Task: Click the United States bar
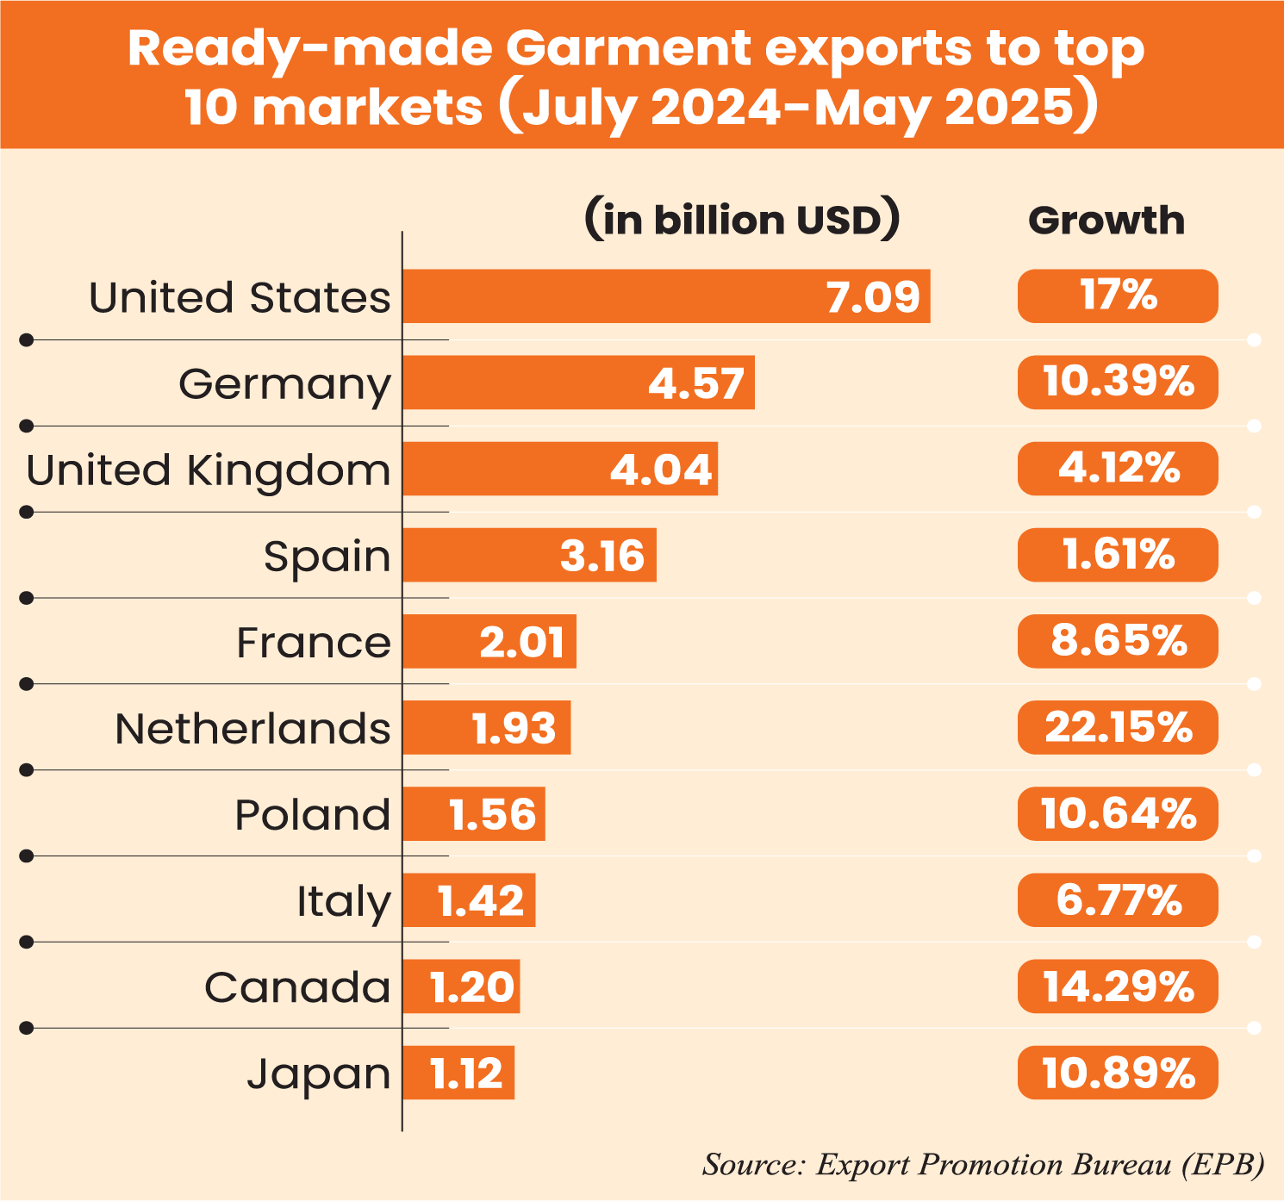666,296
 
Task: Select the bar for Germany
578,383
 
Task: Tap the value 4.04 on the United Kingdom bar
661,470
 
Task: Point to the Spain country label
327,557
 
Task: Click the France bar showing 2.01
489,642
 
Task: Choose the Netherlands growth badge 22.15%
1118,728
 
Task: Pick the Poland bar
474,814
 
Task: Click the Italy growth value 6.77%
1118,900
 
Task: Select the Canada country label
297,987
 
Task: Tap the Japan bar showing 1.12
458,1073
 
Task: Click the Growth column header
1106,221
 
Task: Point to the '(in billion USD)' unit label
742,221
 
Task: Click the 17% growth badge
1118,296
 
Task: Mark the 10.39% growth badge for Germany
1118,383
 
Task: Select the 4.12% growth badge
1118,470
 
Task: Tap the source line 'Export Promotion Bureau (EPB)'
983,1165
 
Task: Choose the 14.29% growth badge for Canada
1118,987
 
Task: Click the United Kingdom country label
209,470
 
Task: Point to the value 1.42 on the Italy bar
481,901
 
